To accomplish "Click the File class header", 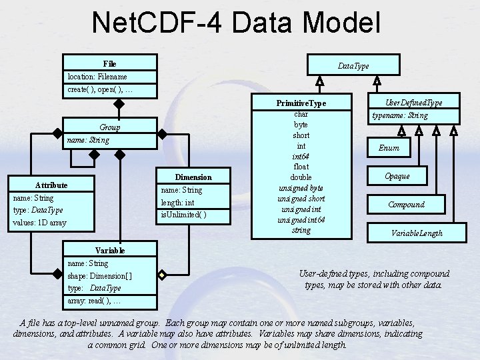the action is tap(109, 64).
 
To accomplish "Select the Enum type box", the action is tap(389, 147).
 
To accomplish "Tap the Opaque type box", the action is tap(397, 176).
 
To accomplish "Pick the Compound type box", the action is tap(406, 204).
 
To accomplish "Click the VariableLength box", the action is tap(417, 233).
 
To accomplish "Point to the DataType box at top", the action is tap(353, 65).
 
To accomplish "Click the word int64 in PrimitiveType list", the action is tap(301, 157).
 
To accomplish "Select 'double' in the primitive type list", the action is tap(301, 177).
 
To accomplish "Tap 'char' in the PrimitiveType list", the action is tap(301, 114).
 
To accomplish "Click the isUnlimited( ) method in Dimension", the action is tap(184, 215).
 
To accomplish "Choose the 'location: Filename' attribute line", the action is tap(97, 77).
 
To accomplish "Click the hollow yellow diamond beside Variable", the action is tap(162, 275).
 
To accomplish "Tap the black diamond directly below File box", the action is tap(119, 104).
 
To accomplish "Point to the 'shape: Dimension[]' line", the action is tap(100, 276).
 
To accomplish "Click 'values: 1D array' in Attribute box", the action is tap(39, 223).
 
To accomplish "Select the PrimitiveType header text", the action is tap(301, 103).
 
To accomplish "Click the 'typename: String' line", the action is tap(400, 115).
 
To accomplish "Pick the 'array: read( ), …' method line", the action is tap(94, 301).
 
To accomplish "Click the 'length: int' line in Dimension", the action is tap(177, 203).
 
